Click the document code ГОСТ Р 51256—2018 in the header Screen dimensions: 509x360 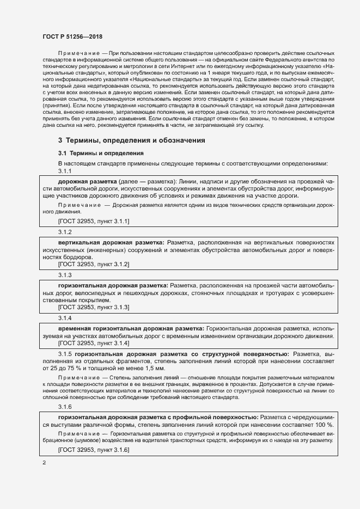tap(72, 36)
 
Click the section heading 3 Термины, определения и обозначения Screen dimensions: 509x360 tap(131, 140)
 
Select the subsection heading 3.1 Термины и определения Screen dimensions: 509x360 tap(101, 154)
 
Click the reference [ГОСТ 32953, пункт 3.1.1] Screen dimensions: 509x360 tap(93, 221)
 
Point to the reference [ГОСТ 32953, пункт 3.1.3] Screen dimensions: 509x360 tap(93, 307)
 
